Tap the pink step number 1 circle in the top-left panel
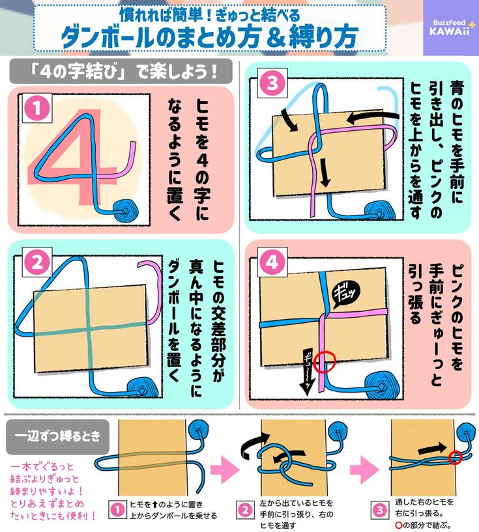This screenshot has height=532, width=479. click(x=36, y=109)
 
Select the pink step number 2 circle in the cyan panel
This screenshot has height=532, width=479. click(x=37, y=263)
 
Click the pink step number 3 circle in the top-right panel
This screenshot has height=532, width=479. click(x=272, y=83)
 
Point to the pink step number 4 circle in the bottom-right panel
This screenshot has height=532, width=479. click(x=272, y=262)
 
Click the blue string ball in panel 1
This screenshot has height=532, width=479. click(x=126, y=210)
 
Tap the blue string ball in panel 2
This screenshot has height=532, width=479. click(x=143, y=387)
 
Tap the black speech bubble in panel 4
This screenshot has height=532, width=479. click(x=345, y=294)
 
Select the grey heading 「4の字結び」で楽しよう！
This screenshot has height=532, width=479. click(x=121, y=72)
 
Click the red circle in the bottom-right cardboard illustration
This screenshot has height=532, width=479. click(x=456, y=457)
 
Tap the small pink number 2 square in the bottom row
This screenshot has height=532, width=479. click(x=244, y=511)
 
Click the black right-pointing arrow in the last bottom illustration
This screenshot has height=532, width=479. click(x=432, y=449)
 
